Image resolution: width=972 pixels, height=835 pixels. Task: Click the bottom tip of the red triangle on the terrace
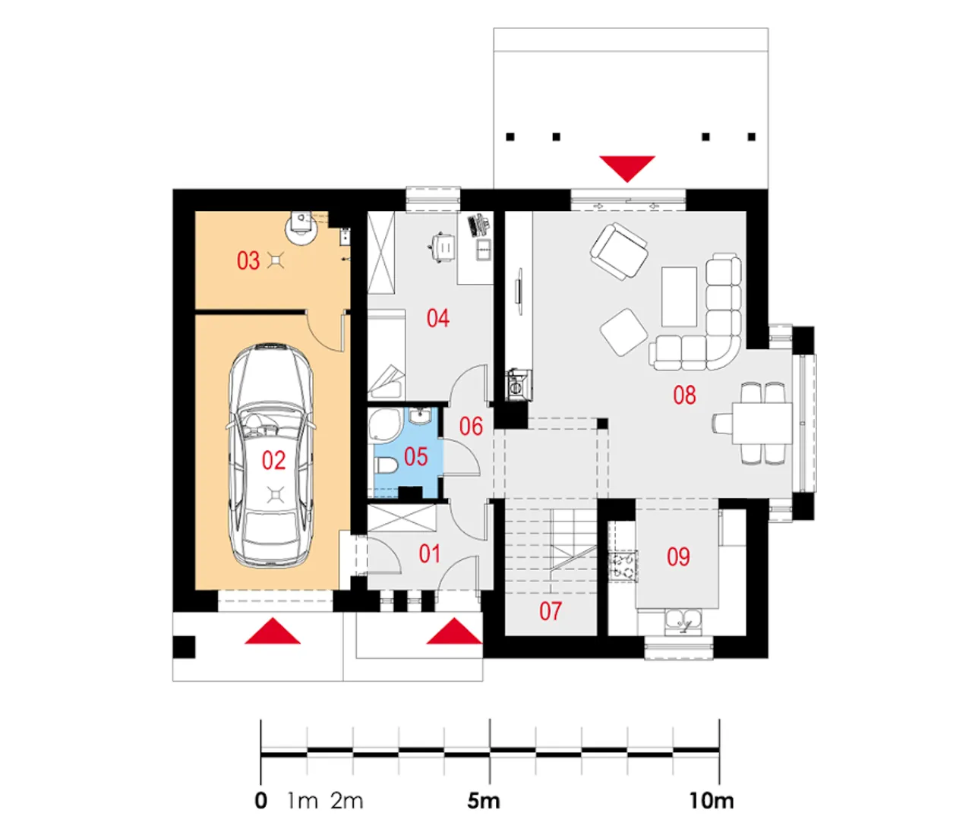click(626, 182)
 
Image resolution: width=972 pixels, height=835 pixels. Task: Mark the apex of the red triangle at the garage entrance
click(273, 618)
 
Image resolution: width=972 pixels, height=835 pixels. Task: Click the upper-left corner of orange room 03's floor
click(195, 212)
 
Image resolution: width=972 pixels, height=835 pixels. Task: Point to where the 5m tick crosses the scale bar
click(490, 751)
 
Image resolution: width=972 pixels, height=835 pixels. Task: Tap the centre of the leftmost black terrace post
click(510, 137)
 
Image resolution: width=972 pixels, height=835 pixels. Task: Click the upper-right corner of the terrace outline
click(768, 28)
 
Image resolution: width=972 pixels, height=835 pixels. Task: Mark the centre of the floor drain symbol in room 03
click(276, 260)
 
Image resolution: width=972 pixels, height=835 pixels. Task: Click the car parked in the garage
click(271, 455)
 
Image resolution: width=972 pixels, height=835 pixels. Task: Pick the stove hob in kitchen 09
click(623, 566)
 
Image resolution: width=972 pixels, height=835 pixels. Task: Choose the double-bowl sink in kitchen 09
click(683, 622)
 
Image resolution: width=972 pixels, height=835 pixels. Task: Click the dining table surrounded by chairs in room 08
click(762, 423)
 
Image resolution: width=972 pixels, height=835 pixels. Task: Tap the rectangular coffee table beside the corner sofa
click(679, 297)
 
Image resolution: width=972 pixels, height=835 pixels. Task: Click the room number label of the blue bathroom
click(415, 456)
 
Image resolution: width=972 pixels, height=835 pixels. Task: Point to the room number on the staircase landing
click(551, 611)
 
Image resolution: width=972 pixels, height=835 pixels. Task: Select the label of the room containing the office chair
click(438, 318)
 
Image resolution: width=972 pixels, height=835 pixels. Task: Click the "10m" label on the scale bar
click(712, 801)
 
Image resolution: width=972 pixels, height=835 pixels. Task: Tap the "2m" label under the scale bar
click(347, 801)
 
